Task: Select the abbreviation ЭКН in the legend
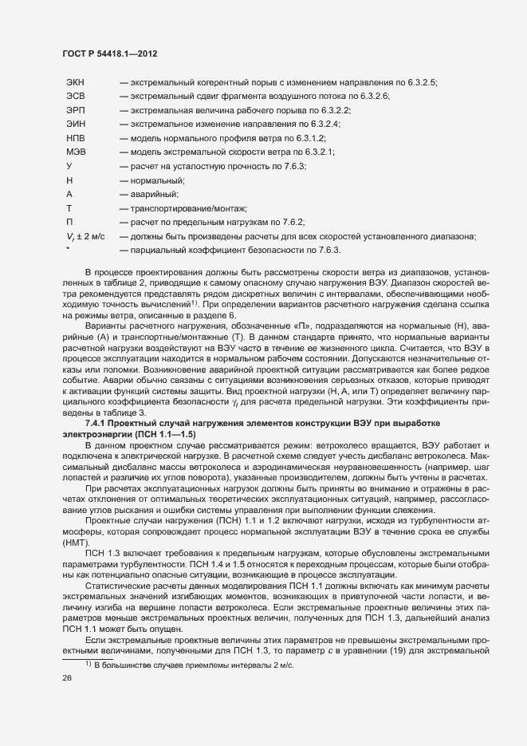click(x=77, y=82)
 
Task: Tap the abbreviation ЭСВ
click(x=76, y=96)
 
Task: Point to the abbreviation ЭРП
click(x=76, y=110)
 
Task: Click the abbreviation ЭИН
click(x=76, y=124)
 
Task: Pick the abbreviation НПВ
click(x=76, y=138)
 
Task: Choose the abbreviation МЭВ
click(x=76, y=152)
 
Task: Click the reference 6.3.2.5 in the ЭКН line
click(x=423, y=82)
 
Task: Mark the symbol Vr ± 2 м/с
click(x=86, y=236)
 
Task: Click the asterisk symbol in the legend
click(x=69, y=248)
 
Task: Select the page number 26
click(x=67, y=700)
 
